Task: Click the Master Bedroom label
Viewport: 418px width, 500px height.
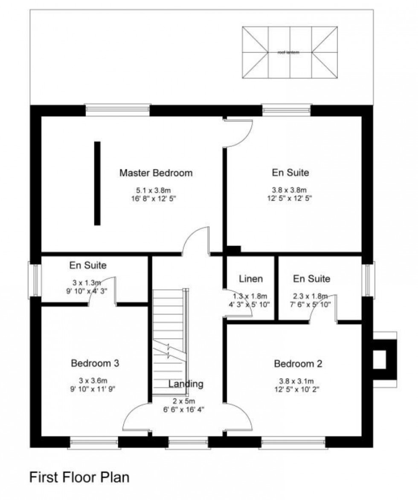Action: pos(156,173)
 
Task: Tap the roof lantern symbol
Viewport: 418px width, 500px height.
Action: pos(288,52)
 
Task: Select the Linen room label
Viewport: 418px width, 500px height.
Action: pos(250,279)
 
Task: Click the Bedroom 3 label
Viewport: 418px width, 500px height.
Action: pos(95,363)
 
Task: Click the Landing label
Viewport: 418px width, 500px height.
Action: pos(186,384)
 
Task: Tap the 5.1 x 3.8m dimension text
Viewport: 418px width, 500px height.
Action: pos(156,190)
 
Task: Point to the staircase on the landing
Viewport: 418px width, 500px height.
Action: pos(169,336)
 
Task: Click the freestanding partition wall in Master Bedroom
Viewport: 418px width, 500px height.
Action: pos(97,183)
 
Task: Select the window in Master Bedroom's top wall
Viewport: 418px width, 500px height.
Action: pos(118,110)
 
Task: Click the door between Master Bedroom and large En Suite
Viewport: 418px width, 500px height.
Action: pos(238,132)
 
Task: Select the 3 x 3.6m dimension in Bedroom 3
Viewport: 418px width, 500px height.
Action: pos(95,381)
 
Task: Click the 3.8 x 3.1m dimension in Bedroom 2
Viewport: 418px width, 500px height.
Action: pos(298,381)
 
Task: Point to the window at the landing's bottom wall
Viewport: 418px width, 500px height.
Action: pos(188,443)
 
